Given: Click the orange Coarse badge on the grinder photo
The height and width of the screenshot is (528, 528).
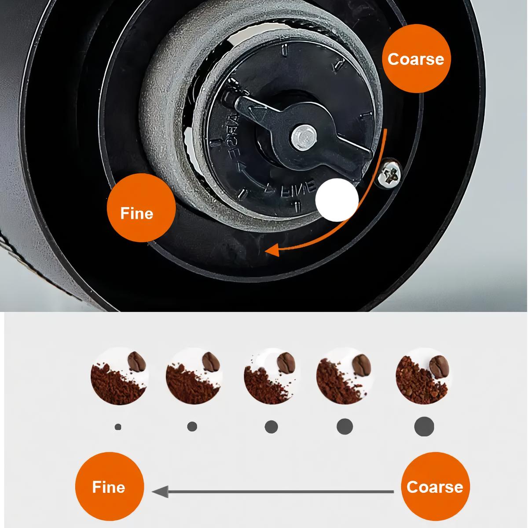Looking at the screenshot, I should [416, 59].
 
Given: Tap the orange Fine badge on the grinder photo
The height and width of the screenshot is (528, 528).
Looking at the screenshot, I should [137, 213].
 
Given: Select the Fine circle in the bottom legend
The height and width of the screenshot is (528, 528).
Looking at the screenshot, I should [109, 487].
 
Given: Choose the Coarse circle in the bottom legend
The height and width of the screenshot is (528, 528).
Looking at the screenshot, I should [435, 487].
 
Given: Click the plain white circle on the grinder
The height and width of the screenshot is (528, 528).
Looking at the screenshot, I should [337, 200].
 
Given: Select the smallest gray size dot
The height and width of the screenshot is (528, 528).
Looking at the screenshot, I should [117, 427].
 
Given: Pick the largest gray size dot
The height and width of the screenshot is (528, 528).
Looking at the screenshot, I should [424, 426].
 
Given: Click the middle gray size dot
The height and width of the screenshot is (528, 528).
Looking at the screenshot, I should [271, 426].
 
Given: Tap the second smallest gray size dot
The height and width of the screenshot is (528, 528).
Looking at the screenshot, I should [192, 426].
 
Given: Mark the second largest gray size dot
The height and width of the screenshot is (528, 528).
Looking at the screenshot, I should [345, 426].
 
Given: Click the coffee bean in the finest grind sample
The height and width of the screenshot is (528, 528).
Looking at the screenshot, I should [137, 362].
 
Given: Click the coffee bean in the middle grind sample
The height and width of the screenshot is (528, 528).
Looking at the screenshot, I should [287, 363].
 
